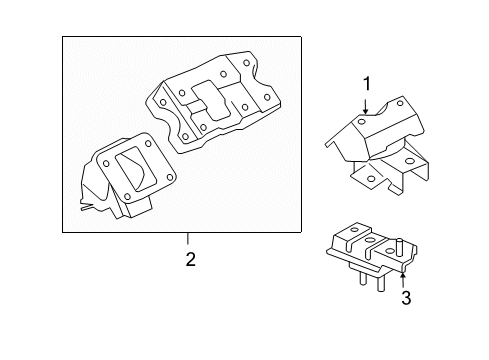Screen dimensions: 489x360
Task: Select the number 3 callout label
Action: pyautogui.click(x=405, y=298)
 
